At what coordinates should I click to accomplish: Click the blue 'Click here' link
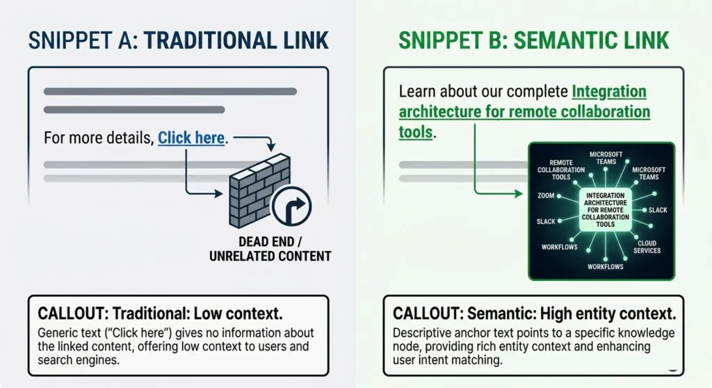[x=191, y=138]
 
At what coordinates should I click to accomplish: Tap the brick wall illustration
[x=256, y=188]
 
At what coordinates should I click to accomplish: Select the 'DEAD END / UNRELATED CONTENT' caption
[x=270, y=249]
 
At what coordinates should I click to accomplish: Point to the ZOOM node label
[x=546, y=196]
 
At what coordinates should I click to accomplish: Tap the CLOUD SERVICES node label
[x=647, y=247]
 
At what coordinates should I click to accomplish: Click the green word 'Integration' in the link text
[x=609, y=92]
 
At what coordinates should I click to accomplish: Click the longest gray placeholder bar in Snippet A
[x=170, y=91]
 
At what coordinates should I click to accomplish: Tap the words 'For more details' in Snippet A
[x=98, y=138]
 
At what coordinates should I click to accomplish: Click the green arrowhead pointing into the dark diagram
[x=524, y=191]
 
